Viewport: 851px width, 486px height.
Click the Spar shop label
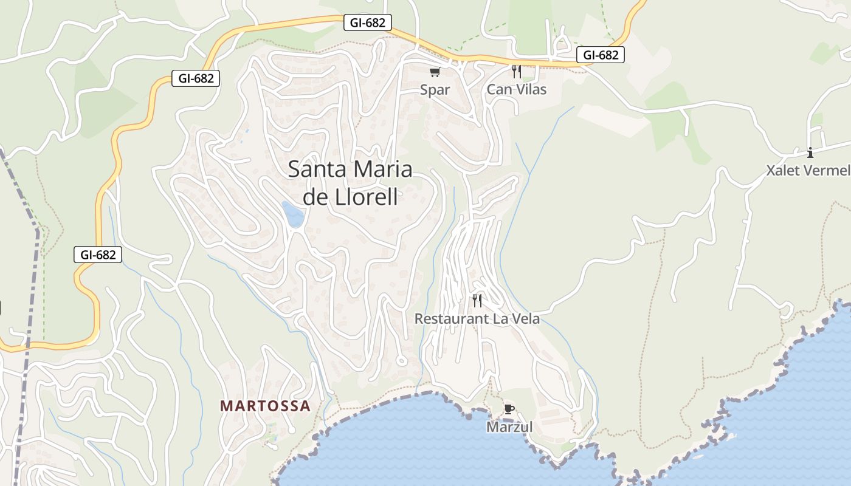tap(435, 90)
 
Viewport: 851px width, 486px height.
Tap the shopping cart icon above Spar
tap(435, 73)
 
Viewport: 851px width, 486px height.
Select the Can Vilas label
tap(517, 90)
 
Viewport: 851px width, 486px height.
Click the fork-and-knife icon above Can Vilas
tap(516, 72)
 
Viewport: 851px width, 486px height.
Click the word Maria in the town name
tap(382, 169)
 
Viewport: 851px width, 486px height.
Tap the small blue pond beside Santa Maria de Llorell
tap(293, 214)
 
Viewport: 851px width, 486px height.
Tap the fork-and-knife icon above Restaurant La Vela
tap(477, 300)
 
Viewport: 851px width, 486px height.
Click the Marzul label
tap(509, 427)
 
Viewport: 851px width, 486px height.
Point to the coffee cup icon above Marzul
tap(509, 409)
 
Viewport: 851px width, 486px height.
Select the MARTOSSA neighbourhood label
tap(265, 406)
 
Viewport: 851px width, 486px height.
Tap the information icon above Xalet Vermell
tap(810, 152)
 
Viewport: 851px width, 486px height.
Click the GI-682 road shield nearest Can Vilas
tap(601, 55)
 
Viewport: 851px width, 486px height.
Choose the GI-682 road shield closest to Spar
tap(368, 23)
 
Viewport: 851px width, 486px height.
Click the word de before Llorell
tap(315, 197)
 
